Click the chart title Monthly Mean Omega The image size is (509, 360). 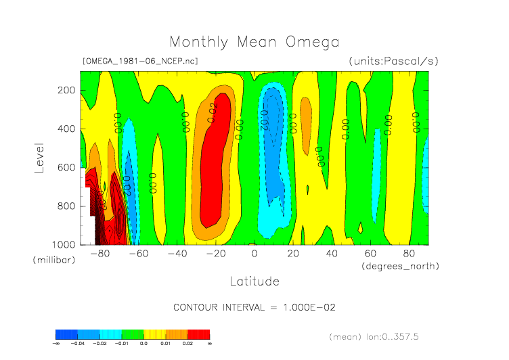coord(254,42)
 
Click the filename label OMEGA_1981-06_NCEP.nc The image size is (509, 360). coord(139,61)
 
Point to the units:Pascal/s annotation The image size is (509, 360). coord(393,61)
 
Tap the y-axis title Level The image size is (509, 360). coord(39,156)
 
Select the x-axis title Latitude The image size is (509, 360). coord(254,281)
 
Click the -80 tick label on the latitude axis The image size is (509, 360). coord(100,254)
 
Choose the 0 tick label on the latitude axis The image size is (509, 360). coord(255,254)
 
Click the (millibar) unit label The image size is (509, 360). coord(52,261)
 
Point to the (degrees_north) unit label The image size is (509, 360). coord(400,267)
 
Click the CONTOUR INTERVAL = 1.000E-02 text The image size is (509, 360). coord(254,307)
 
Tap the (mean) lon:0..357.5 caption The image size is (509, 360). coord(383,336)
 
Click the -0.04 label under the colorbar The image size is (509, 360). coord(77,344)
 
